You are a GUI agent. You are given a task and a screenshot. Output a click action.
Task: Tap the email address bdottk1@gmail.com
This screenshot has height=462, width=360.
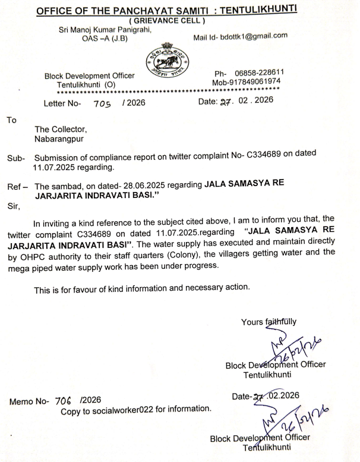(250, 37)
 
